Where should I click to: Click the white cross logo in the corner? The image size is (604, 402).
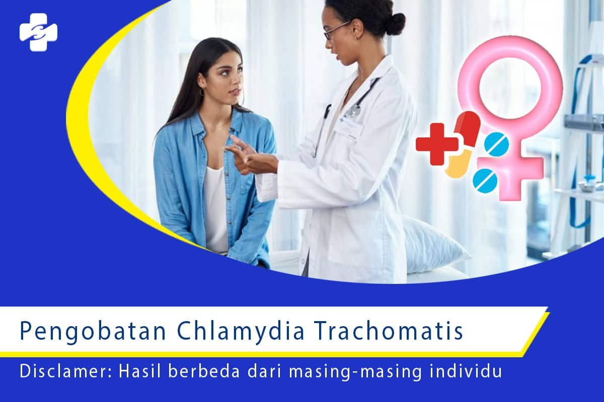click(x=38, y=32)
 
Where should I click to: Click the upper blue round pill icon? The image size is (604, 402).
click(x=496, y=144)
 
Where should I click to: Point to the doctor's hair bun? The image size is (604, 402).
click(x=395, y=23)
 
